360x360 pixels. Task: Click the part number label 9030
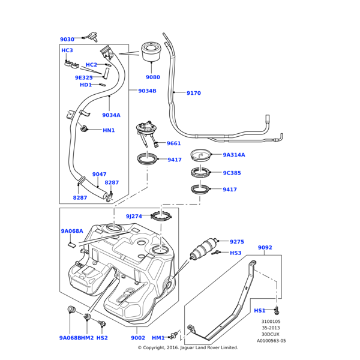click(67, 40)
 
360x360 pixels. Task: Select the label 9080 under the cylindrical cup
click(153, 77)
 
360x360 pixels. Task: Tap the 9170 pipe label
click(193, 93)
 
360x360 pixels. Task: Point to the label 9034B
click(147, 91)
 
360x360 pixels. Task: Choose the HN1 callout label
click(109, 130)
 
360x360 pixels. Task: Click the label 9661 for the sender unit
click(173, 143)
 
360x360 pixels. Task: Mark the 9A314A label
click(234, 155)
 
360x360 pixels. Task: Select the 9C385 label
click(232, 173)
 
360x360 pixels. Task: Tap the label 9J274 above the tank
click(134, 216)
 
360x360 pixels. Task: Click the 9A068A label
click(72, 231)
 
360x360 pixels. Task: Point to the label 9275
click(237, 242)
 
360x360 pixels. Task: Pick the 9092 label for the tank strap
click(265, 247)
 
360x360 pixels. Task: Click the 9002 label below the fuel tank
click(137, 338)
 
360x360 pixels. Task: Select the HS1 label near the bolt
click(259, 311)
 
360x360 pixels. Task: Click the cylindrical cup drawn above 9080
click(153, 53)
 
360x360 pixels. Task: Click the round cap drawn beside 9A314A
click(202, 155)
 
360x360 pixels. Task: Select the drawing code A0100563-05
click(271, 340)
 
